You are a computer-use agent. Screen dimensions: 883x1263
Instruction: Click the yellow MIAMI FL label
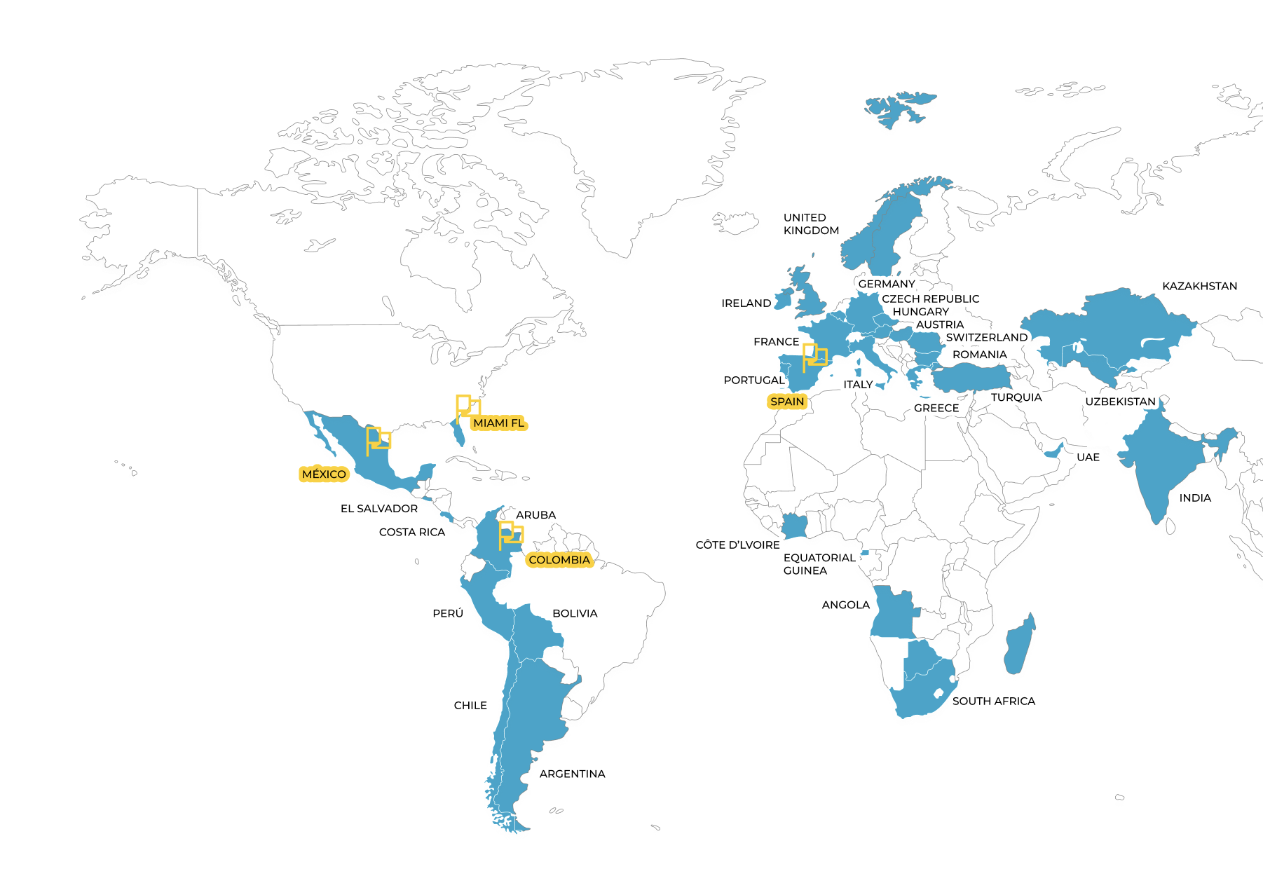point(498,423)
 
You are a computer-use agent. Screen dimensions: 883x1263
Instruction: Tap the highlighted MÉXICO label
point(324,474)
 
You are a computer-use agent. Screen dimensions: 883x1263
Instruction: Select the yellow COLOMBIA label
point(559,560)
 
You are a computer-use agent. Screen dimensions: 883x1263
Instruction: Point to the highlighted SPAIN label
point(787,402)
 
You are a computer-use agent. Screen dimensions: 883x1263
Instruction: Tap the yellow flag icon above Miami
point(467,406)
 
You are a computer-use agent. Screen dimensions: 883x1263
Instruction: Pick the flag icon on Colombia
point(510,534)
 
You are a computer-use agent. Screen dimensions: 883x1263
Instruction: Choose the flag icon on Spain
point(814,356)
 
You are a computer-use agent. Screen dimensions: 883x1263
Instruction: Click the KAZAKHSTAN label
point(1199,286)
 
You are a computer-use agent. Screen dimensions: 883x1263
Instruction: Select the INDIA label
point(1195,498)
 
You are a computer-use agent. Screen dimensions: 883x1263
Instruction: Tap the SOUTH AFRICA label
point(993,701)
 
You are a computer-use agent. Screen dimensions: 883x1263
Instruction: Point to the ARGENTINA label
point(572,774)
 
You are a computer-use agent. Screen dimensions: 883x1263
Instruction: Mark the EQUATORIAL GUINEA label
point(819,564)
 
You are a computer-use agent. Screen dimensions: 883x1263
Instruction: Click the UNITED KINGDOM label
point(811,224)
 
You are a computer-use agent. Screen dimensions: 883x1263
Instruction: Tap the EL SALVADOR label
point(379,509)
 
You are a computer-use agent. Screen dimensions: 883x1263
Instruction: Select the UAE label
point(1088,458)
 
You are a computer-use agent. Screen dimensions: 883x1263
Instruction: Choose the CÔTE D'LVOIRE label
point(737,545)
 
